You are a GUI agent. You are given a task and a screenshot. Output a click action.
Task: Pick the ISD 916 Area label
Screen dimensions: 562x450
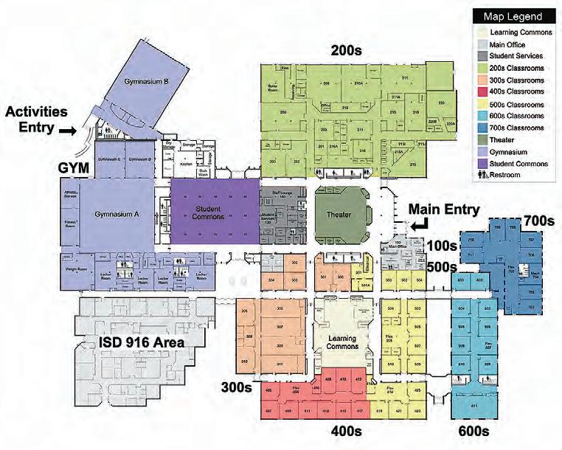(x=142, y=342)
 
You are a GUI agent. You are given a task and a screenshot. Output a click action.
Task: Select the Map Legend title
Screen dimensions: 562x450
(x=513, y=16)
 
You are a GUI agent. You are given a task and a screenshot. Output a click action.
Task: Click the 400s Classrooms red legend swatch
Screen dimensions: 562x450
(x=482, y=92)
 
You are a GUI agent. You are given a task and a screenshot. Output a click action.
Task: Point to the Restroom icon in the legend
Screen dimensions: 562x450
(x=482, y=175)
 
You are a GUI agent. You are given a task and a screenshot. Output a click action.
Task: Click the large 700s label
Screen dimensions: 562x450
(x=535, y=220)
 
